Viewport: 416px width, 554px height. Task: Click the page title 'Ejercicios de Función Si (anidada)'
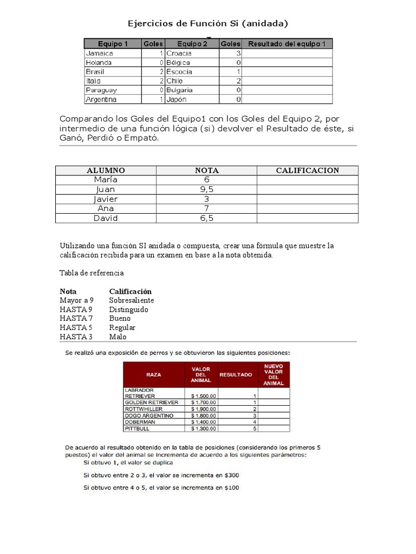pyautogui.click(x=207, y=23)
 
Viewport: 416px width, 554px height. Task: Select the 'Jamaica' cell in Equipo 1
pyautogui.click(x=100, y=54)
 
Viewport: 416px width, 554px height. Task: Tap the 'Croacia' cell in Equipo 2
pyautogui.click(x=179, y=54)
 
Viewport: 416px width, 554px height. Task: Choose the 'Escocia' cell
pyautogui.click(x=179, y=71)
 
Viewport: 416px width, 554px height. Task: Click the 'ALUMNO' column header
pyautogui.click(x=106, y=170)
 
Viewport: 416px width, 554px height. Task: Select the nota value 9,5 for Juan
pyautogui.click(x=206, y=189)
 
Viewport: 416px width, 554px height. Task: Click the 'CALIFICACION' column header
pyautogui.click(x=307, y=170)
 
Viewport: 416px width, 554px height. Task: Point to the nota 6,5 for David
pyautogui.click(x=206, y=218)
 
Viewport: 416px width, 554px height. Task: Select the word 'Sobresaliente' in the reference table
pyautogui.click(x=132, y=300)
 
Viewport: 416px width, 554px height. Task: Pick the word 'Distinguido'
pyautogui.click(x=128, y=309)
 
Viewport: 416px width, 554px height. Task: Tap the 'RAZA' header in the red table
pyautogui.click(x=153, y=374)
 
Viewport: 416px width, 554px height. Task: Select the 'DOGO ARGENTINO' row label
pyautogui.click(x=149, y=415)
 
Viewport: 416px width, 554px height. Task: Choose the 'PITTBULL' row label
pyautogui.click(x=136, y=428)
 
